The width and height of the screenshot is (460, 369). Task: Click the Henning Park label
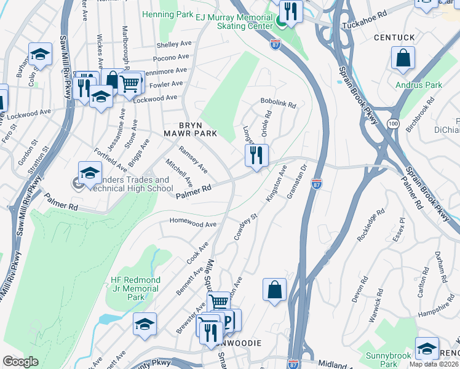click(167, 14)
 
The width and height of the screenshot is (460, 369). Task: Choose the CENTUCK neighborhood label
click(394, 38)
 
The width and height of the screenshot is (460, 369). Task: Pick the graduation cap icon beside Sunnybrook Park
click(427, 348)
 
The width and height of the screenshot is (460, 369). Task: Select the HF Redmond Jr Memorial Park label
click(135, 288)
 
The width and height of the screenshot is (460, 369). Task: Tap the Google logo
click(21, 362)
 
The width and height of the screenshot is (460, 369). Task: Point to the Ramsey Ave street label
click(192, 159)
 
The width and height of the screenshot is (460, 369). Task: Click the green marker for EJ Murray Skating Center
click(281, 23)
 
